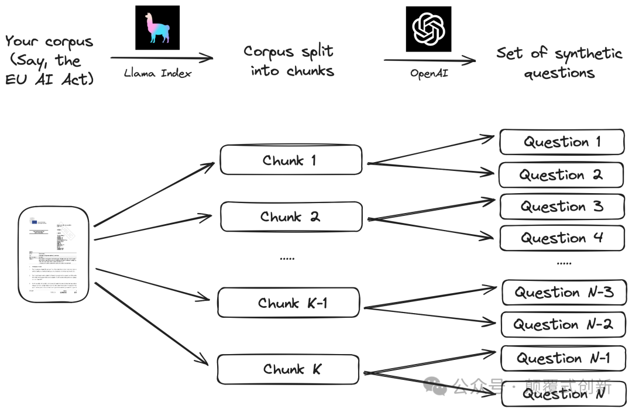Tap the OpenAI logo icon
click(429, 29)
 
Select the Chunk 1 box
click(291, 160)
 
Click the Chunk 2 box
click(291, 217)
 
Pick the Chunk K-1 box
click(288, 303)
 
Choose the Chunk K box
click(287, 369)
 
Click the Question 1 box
click(562, 142)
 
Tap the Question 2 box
click(561, 175)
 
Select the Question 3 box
click(562, 207)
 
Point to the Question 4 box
click(562, 238)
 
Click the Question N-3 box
click(564, 293)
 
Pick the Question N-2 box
click(563, 324)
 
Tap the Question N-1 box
click(563, 358)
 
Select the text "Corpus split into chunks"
click(289, 61)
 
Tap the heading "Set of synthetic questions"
click(559, 63)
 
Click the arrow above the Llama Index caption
click(162, 57)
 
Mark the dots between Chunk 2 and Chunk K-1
click(287, 258)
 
